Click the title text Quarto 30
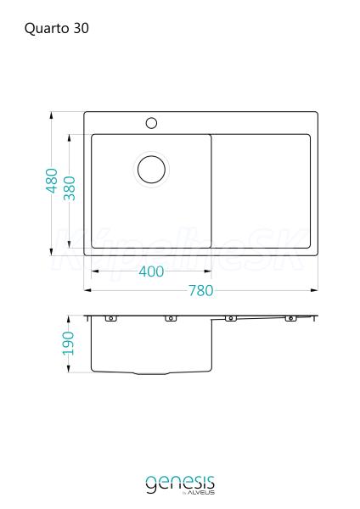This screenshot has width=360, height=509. pos(57,29)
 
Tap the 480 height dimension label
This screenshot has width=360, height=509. pos(52,181)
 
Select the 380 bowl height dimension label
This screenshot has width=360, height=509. pos(70,188)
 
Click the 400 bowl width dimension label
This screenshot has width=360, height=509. pos(151,271)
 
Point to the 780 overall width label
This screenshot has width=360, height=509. pos(201,290)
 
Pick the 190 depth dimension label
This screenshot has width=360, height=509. pos(68,343)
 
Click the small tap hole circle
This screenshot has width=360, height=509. pos(151,123)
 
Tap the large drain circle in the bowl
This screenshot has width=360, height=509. pos(151,169)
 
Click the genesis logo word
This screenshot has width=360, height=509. pos(180,484)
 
